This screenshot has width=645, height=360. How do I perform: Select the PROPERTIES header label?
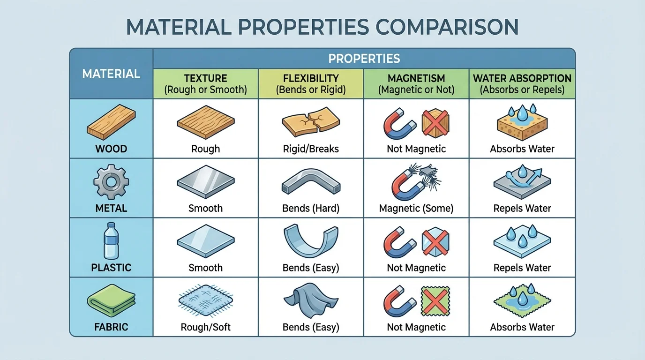pos(364,59)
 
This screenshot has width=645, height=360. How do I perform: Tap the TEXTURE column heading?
pos(205,78)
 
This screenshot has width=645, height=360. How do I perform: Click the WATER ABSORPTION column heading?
pos(522,78)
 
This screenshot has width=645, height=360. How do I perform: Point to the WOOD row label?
pos(111,149)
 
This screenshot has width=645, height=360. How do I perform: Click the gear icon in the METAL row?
pos(111,182)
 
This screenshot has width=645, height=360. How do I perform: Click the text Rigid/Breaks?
pos(311,149)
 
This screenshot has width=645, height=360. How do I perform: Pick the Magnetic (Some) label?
pos(416,209)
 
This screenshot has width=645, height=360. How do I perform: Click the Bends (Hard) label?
pos(311,209)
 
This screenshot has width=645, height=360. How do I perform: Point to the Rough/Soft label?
pos(205,327)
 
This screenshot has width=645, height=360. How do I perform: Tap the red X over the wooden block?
pos(435,123)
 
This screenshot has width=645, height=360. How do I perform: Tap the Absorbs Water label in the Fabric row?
pos(522,327)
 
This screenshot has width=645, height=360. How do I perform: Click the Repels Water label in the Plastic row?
pos(522,268)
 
